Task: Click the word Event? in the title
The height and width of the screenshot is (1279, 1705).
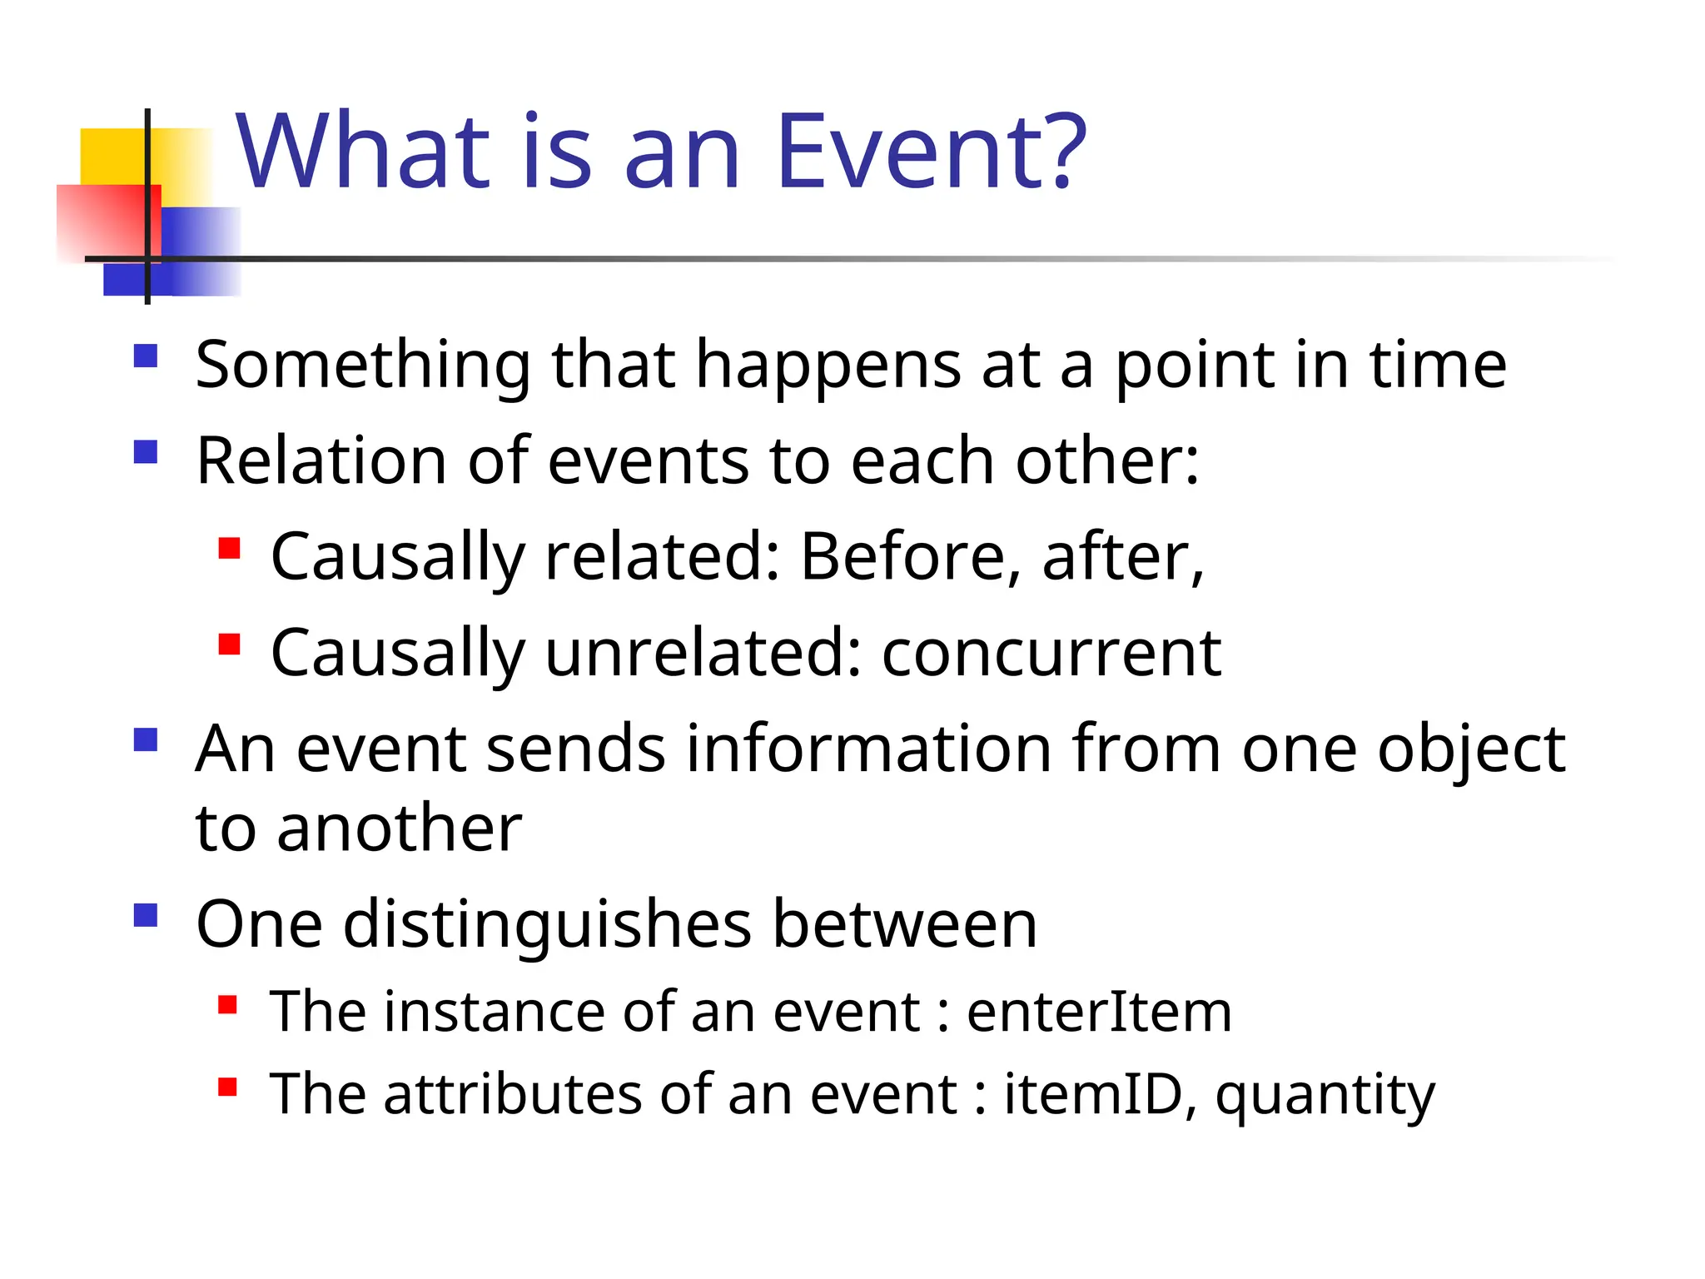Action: (x=931, y=152)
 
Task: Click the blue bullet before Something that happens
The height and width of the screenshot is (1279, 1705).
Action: (x=146, y=356)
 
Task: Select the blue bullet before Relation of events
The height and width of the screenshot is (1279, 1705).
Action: (x=146, y=452)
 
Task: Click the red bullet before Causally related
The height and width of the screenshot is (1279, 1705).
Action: (x=229, y=549)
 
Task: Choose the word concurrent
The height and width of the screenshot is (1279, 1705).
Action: (x=1051, y=653)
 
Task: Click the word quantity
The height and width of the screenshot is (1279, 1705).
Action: (x=1325, y=1096)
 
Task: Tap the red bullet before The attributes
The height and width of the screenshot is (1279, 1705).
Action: (x=228, y=1087)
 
